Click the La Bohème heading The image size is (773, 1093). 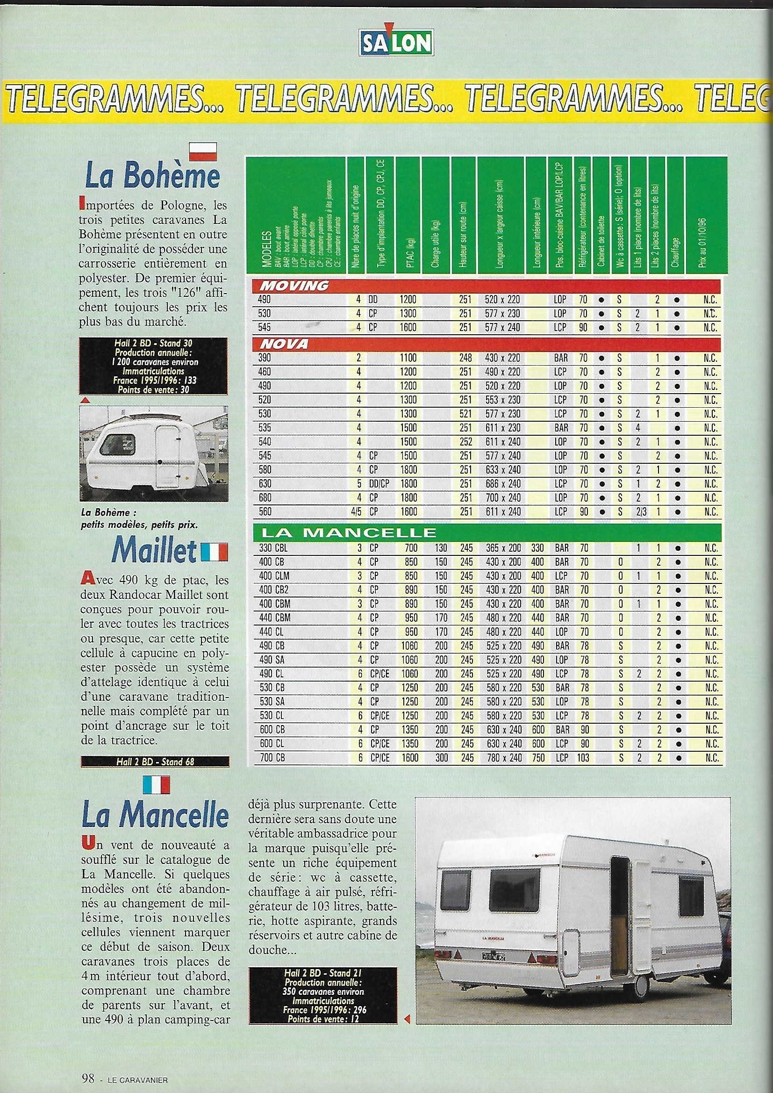pos(152,177)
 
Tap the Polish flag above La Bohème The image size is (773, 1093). pos(203,151)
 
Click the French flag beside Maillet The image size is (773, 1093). pos(214,552)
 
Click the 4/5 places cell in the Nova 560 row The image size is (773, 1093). pos(356,512)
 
